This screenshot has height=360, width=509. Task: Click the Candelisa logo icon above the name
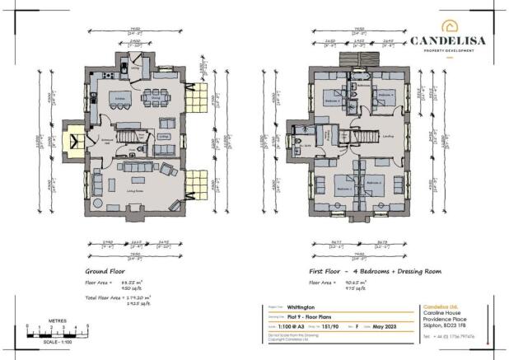(x=449, y=26)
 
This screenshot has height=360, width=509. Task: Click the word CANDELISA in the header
(x=449, y=40)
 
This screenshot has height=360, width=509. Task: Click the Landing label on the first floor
(x=387, y=137)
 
